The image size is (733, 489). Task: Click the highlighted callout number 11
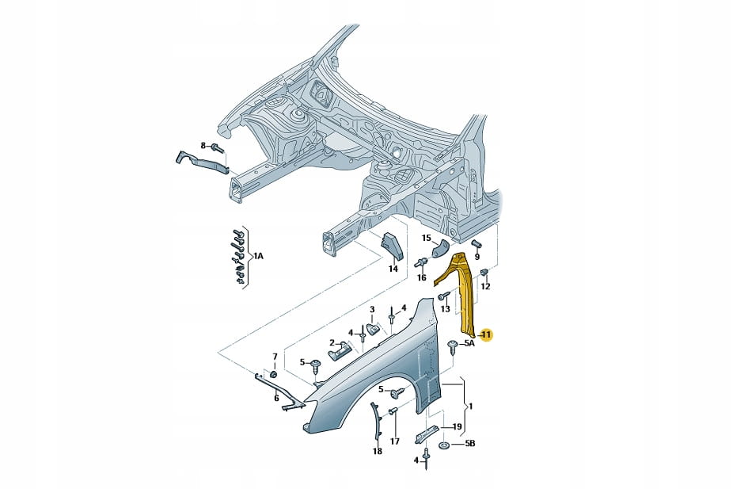(485, 335)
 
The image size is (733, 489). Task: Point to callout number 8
(203, 146)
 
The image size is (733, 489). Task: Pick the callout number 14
(392, 269)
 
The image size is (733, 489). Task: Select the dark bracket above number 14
(393, 245)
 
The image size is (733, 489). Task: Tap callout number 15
(426, 238)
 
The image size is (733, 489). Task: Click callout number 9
(477, 256)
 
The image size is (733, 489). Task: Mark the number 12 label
(485, 286)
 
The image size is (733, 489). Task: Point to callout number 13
(445, 308)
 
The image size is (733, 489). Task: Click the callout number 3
(371, 308)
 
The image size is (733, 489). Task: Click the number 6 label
(276, 398)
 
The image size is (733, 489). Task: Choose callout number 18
(377, 451)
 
